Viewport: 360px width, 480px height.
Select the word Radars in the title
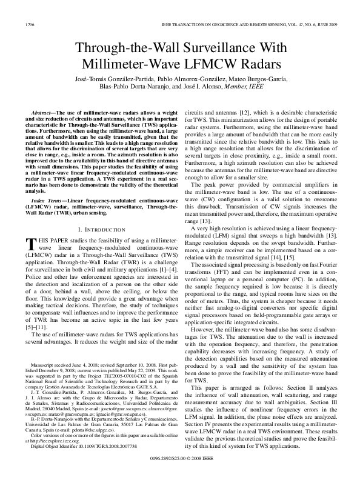[x=265, y=64]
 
